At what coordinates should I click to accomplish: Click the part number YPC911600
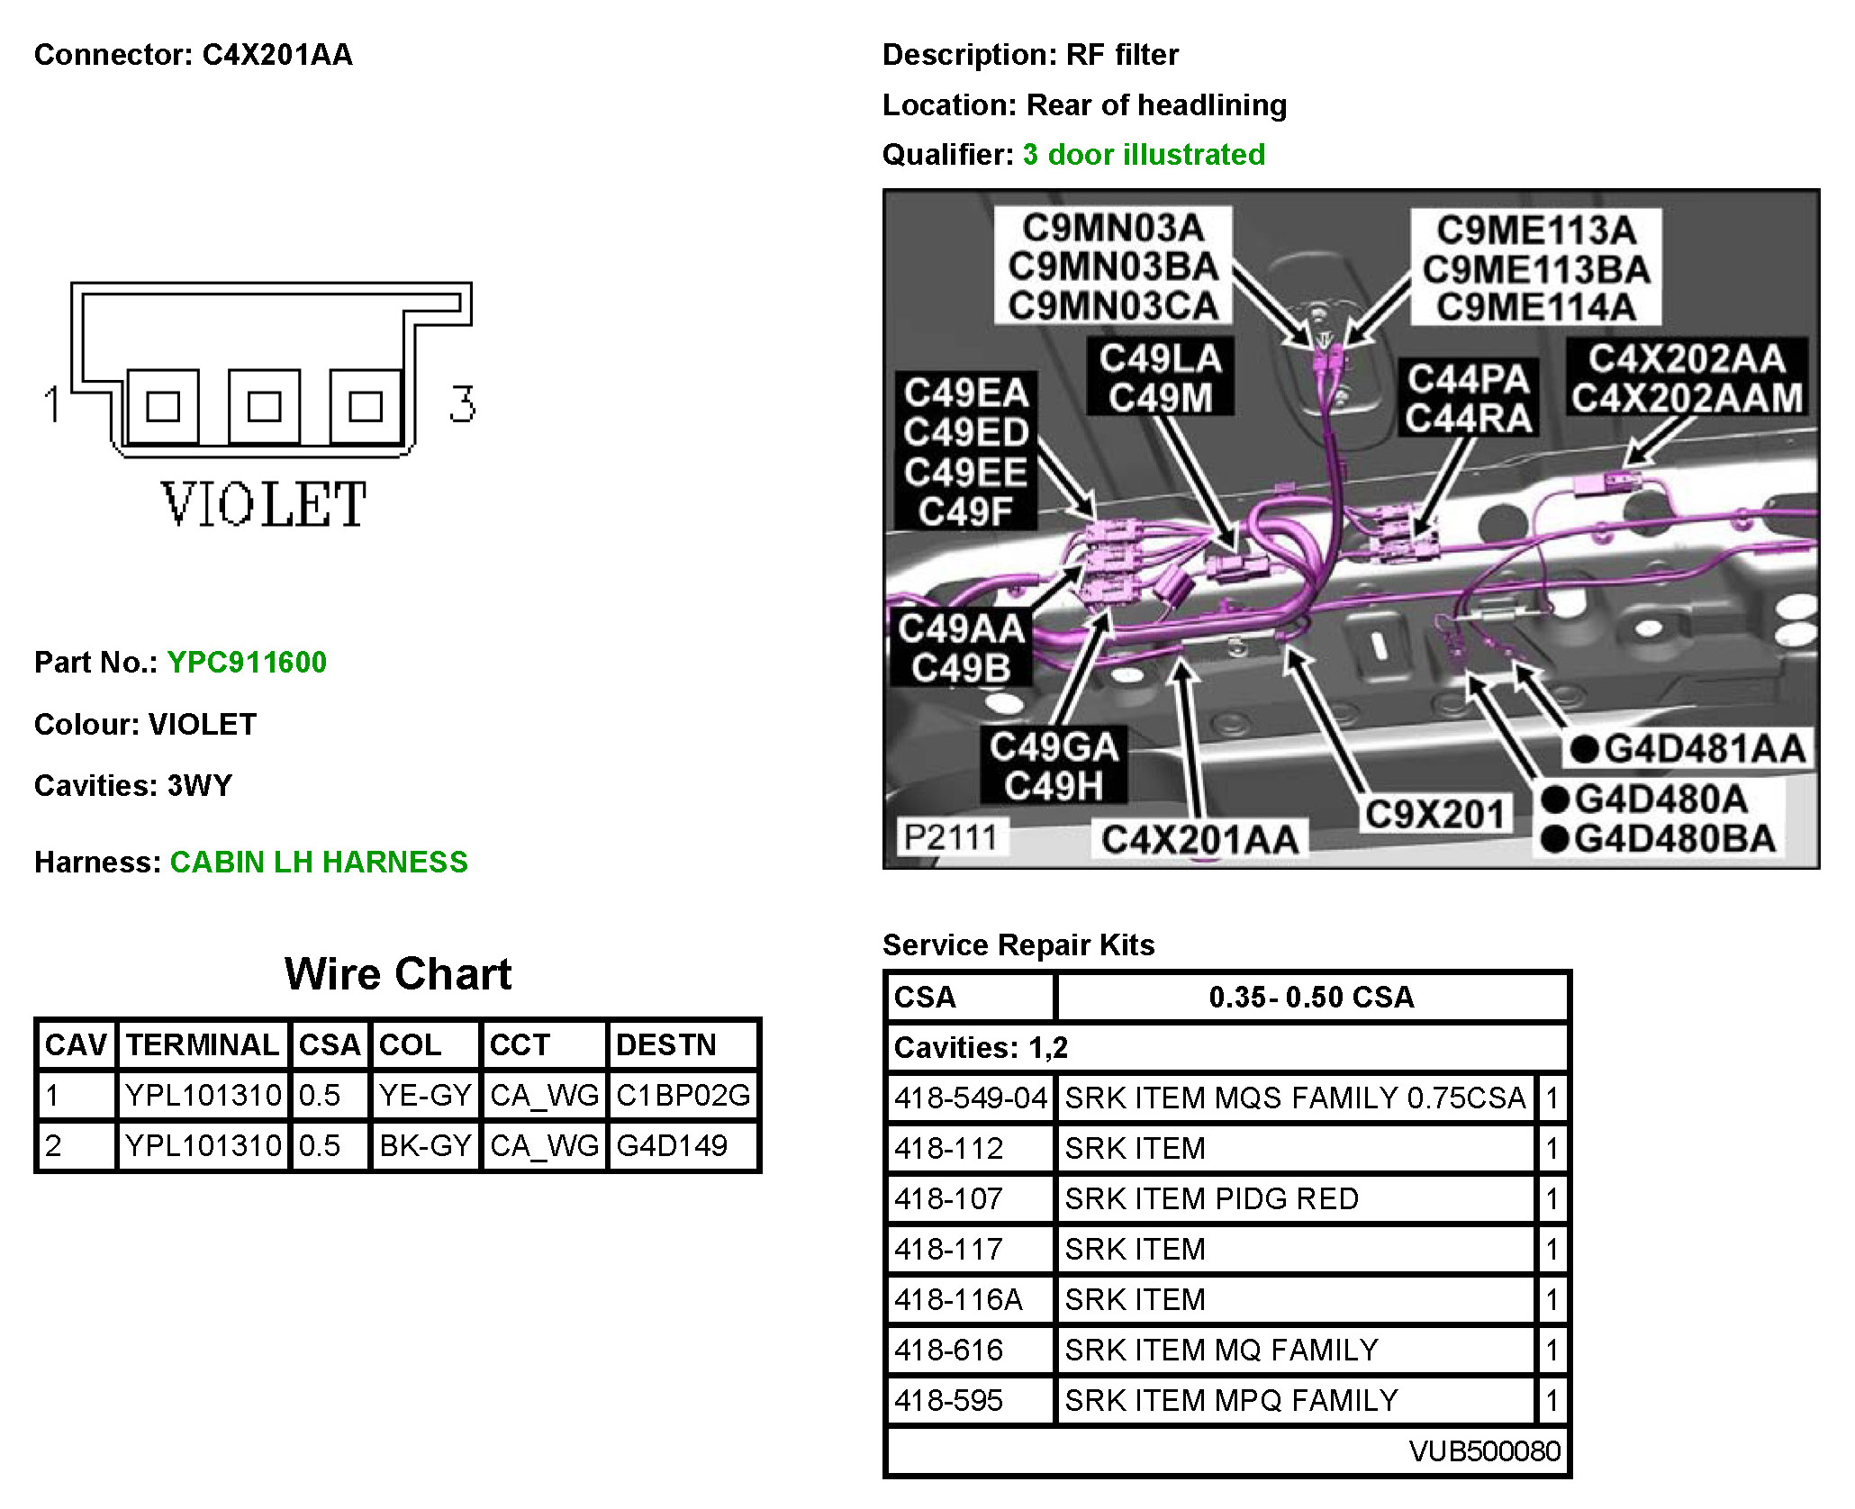(247, 663)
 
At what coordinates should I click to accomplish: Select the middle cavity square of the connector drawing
(264, 406)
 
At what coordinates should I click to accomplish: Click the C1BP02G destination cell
(683, 1095)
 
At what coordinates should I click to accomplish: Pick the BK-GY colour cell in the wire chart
(425, 1145)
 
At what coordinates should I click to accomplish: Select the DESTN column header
(665, 1044)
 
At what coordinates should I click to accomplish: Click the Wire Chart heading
(397, 974)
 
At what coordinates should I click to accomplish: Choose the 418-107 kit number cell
(949, 1198)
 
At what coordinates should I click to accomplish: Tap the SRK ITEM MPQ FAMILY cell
(1231, 1400)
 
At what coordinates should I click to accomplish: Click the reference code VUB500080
(1484, 1450)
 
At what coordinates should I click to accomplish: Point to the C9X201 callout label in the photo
(1434, 814)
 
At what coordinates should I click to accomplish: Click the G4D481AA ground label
(1705, 748)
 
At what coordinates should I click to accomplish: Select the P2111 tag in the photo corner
(950, 837)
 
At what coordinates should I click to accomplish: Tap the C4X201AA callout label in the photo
(1199, 839)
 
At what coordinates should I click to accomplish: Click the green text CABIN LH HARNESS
(319, 863)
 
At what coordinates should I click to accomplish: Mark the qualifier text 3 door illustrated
(1144, 155)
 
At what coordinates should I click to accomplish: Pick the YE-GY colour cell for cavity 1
(425, 1095)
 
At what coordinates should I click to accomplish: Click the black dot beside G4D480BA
(1555, 839)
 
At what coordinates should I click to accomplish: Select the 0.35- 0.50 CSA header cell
(1311, 997)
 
